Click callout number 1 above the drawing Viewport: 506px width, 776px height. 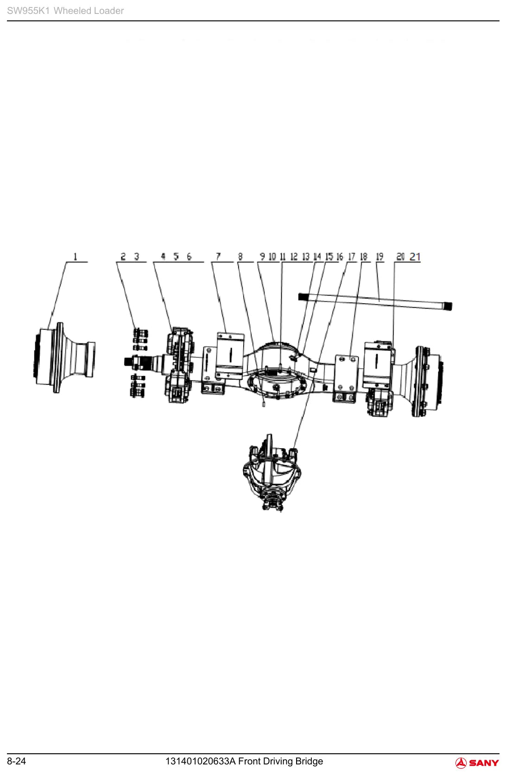pyautogui.click(x=75, y=257)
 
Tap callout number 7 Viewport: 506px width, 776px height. pyautogui.click(x=218, y=257)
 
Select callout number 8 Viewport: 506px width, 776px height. pyautogui.click(x=240, y=257)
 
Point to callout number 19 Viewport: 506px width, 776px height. pyautogui.click(x=379, y=257)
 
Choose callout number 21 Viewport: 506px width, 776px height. pyautogui.click(x=415, y=257)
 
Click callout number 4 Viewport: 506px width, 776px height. pyautogui.click(x=163, y=257)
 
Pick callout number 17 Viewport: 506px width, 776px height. pyautogui.click(x=352, y=257)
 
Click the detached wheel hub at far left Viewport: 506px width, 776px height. pyautogui.click(x=64, y=357)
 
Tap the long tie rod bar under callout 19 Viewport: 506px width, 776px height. pyautogui.click(x=375, y=301)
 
